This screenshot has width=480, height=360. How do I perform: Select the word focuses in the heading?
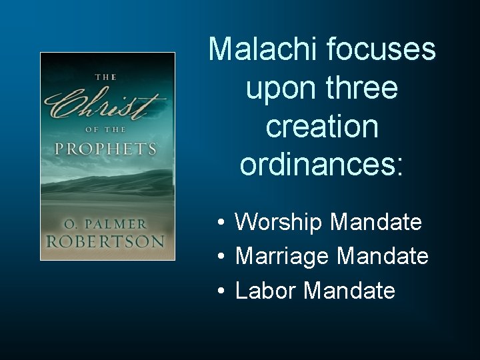click(x=377, y=49)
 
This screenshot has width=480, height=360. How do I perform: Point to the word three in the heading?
click(x=363, y=88)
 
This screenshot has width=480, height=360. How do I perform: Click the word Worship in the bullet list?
click(x=279, y=222)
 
